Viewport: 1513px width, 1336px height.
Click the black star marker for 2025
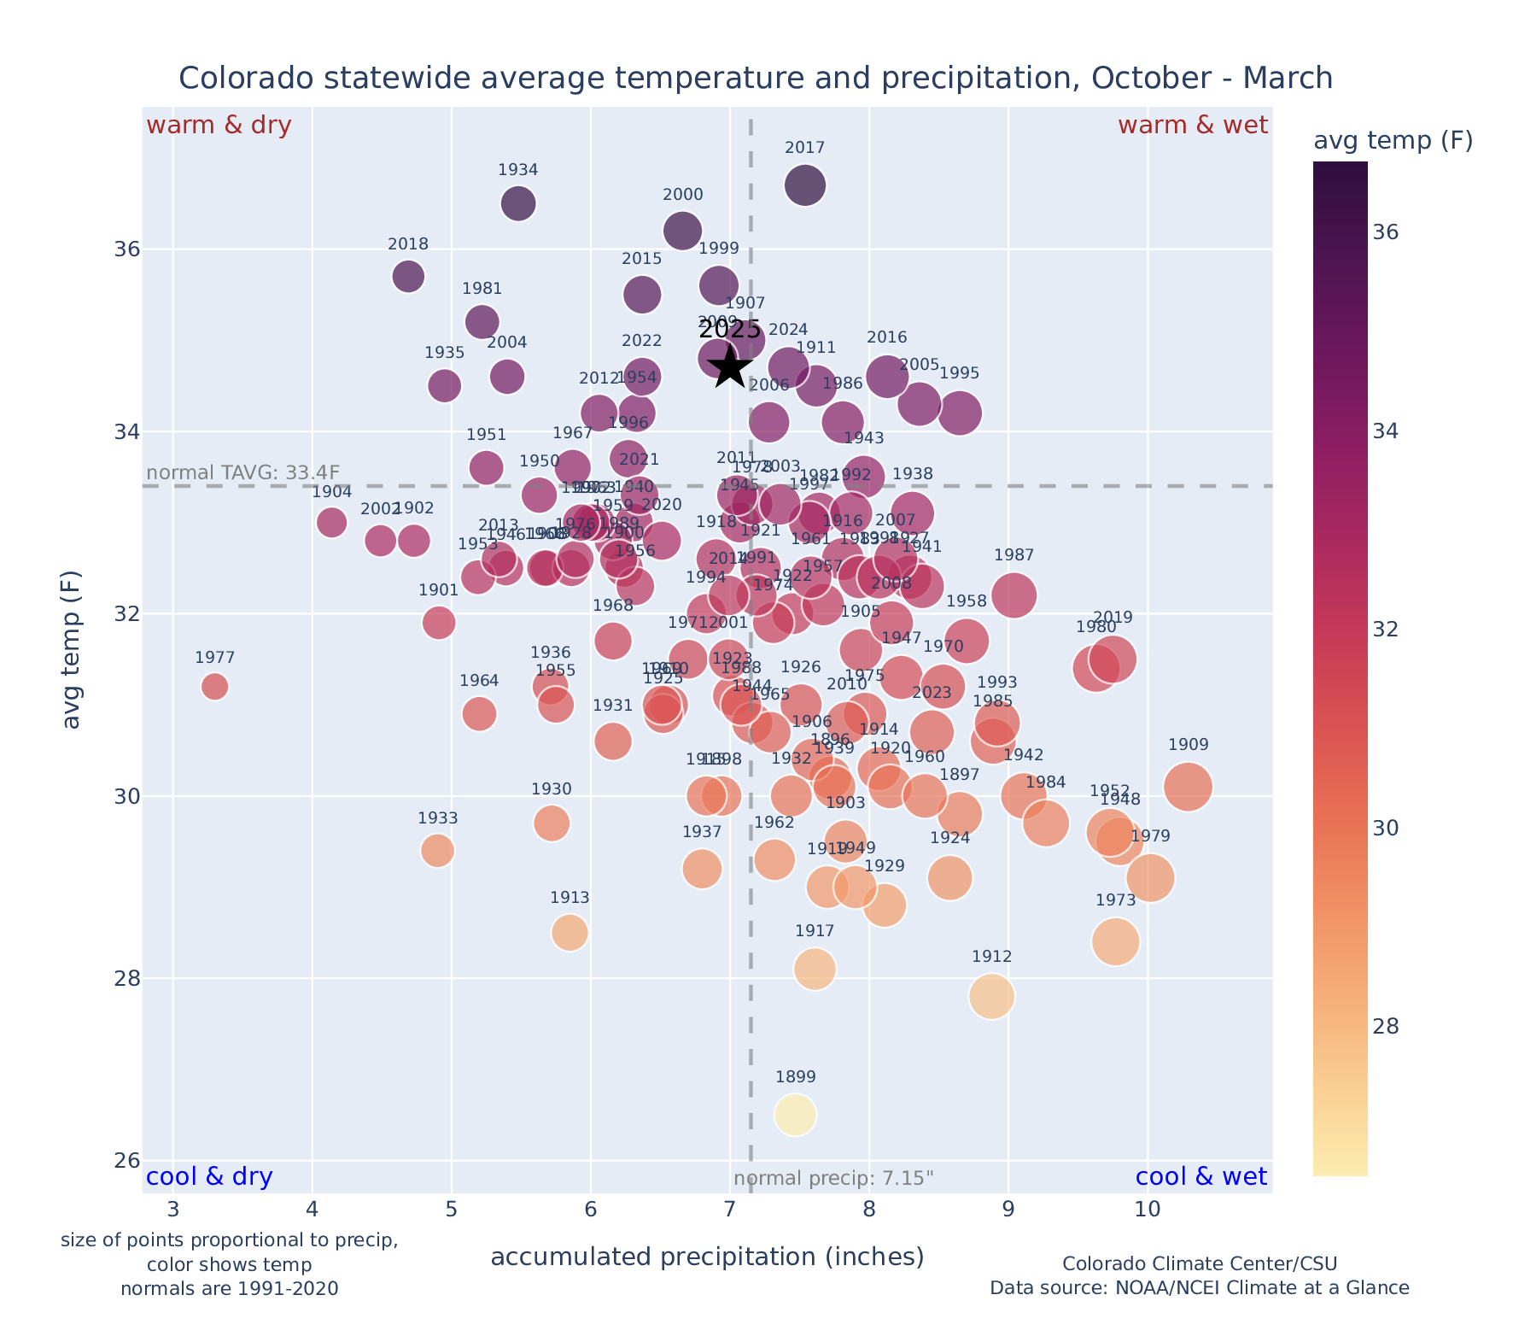(731, 368)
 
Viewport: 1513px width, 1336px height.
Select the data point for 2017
(805, 185)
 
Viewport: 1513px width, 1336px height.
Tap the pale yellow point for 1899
(795, 1115)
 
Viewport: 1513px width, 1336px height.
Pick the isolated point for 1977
(215, 686)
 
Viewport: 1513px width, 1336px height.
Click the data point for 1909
(1187, 787)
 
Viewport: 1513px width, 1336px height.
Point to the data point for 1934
(518, 204)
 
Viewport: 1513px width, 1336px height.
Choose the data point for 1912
(991, 996)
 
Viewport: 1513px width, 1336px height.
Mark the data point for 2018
(408, 276)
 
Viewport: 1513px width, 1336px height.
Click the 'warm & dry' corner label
(219, 126)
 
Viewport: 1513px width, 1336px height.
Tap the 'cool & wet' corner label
(1200, 1177)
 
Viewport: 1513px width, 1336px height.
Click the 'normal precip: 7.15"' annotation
(833, 1179)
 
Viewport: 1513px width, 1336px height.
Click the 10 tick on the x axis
(1148, 1210)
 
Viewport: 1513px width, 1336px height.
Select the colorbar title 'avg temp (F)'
(1393, 141)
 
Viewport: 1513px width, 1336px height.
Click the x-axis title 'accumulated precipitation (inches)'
(707, 1257)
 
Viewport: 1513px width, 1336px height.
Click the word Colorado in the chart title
(231, 79)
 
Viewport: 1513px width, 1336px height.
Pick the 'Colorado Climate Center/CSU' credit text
(1199, 1263)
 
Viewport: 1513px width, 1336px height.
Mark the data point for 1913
(570, 932)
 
